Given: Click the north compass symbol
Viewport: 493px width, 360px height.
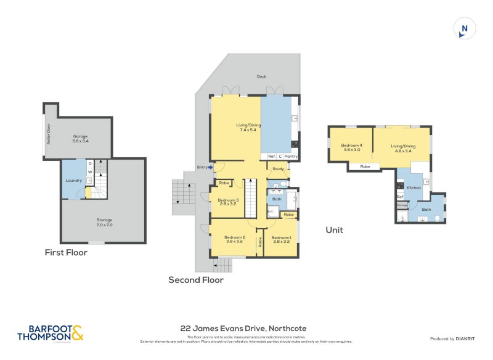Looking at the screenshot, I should pos(464,29).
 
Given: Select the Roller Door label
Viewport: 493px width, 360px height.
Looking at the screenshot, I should pos(48,134).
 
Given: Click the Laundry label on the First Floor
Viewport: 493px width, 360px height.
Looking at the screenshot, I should pos(73,181).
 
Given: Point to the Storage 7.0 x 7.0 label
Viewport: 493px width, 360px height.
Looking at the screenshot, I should pos(104,222).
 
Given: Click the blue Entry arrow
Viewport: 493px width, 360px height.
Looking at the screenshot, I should pos(210,166).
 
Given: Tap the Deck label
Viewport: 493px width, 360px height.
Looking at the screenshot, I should pos(261,77).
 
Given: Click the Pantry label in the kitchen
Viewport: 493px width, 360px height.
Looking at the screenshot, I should pos(291,156).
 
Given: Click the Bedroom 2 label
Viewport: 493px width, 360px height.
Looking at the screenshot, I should pos(235,239).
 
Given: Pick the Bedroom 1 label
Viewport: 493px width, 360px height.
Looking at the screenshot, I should pos(281,239).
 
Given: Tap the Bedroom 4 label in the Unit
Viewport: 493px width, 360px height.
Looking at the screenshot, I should pos(351,148).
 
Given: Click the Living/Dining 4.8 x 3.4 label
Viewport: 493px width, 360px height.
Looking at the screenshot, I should pos(403,148).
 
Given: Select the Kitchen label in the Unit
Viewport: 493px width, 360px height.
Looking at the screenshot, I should pos(414,187).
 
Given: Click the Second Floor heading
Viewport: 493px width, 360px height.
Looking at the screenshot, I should pos(196,280).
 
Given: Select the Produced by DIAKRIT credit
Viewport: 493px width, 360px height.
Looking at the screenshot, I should pos(455,339).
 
